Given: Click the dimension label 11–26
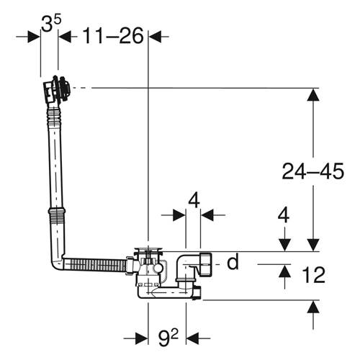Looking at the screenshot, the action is (113, 36).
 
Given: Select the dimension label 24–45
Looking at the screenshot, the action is (312, 171).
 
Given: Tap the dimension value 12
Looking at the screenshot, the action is (313, 275).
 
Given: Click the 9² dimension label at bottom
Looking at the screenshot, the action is (168, 338).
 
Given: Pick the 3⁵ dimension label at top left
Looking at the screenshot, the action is (50, 23).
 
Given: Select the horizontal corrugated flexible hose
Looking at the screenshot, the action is (95, 265).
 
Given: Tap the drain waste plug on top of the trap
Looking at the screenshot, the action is (148, 250).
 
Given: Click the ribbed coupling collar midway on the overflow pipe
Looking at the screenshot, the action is (57, 211).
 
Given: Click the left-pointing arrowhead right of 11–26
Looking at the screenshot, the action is (155, 37).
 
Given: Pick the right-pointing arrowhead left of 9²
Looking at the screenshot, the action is (141, 338).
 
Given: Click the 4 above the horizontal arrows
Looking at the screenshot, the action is (194, 202).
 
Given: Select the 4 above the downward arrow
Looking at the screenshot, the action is (284, 215).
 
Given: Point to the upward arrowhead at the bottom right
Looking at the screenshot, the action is (313, 307).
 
